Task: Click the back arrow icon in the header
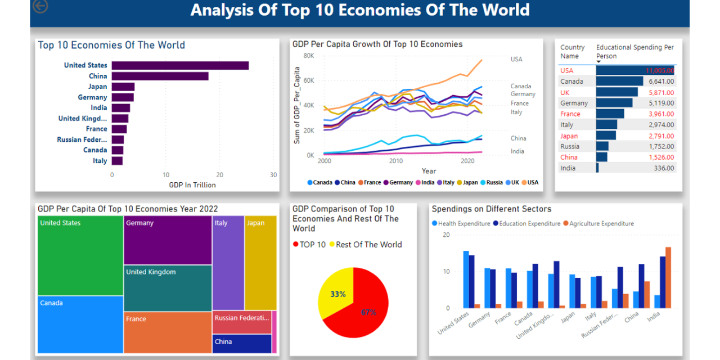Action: pos(40,6)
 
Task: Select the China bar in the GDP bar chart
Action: pos(160,76)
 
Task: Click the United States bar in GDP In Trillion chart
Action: pos(180,65)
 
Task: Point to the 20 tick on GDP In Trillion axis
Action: pos(220,175)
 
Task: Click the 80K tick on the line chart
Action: pos(308,56)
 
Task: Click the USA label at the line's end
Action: pos(516,59)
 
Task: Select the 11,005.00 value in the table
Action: pos(659,70)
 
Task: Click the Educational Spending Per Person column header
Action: pos(634,52)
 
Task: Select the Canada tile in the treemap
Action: pos(80,324)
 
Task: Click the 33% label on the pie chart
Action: pos(338,294)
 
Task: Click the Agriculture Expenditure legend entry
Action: pos(601,224)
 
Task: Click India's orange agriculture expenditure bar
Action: pos(668,277)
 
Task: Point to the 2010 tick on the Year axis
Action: pos(396,161)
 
